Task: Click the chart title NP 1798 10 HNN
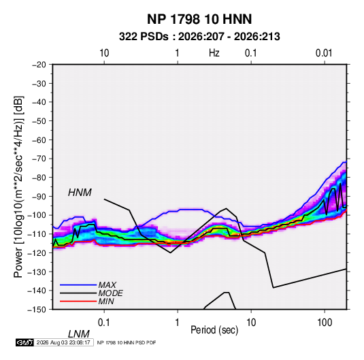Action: pos(199,19)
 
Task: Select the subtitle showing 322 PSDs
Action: pos(199,37)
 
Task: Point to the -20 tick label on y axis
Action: pos(39,65)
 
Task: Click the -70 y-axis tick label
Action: pos(39,159)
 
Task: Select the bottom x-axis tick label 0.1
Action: pos(104,323)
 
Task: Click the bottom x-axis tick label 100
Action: pos(325,323)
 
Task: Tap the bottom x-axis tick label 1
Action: pos(178,323)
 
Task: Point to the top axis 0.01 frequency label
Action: pos(324,53)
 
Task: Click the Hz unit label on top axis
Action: pos(214,53)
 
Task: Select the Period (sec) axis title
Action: pos(214,330)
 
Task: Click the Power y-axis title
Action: pos(19,186)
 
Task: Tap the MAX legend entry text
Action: pos(107,284)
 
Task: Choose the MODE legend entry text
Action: pos(110,293)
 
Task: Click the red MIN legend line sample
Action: pos(78,301)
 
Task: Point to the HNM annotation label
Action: pos(80,193)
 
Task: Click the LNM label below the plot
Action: pos(78,334)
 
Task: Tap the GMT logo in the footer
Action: pos(24,342)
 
